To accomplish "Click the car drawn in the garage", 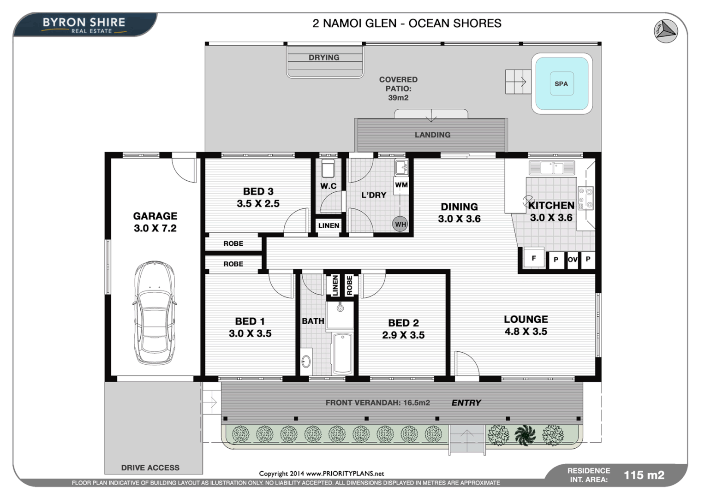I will click(x=155, y=314).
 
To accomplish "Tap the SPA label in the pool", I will click(x=561, y=84).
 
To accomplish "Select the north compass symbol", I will click(x=665, y=31).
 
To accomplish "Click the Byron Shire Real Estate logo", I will click(x=84, y=25).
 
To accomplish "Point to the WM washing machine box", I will click(x=401, y=185).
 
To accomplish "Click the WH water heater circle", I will click(x=400, y=224).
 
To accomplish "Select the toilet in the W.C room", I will click(x=328, y=169).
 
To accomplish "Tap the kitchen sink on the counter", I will click(x=552, y=168).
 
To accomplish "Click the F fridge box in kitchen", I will click(x=534, y=259).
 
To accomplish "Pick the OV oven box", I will click(x=572, y=260).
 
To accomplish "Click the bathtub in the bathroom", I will click(x=342, y=353).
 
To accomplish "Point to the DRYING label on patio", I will click(x=324, y=58).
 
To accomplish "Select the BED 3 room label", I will click(x=258, y=191).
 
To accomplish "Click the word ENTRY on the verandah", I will click(x=466, y=403).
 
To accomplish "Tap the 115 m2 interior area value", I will click(x=644, y=475).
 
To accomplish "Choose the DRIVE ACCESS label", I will click(x=150, y=468).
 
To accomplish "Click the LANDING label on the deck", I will click(x=432, y=135).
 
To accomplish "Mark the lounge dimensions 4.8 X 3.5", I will click(x=526, y=332).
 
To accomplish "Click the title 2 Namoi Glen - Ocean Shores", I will click(x=406, y=24).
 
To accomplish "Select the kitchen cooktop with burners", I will click(x=585, y=198).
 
